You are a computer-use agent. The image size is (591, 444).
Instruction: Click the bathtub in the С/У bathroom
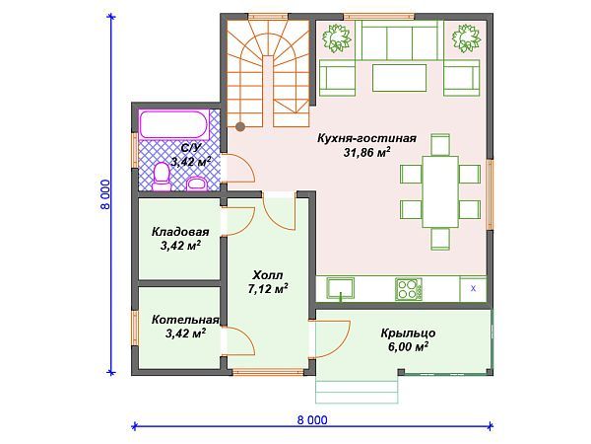click(x=173, y=124)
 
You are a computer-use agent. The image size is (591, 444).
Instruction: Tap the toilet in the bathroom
click(x=162, y=177)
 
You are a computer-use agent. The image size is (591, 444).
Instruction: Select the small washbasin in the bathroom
click(x=197, y=184)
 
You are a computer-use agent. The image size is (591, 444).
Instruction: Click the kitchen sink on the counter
click(x=341, y=289)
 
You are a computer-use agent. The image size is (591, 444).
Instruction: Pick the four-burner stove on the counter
click(x=409, y=289)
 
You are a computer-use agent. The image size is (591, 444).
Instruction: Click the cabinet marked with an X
click(x=473, y=288)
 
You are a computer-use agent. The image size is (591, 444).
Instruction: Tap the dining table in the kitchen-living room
click(x=440, y=191)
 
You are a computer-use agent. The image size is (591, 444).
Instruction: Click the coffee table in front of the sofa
click(x=400, y=78)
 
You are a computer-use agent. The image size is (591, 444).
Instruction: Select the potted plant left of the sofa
click(x=336, y=38)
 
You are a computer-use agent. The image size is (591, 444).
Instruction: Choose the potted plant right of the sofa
click(x=466, y=38)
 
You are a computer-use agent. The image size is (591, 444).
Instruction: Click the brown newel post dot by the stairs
click(x=240, y=126)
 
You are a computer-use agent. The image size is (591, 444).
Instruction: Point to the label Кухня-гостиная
click(x=366, y=138)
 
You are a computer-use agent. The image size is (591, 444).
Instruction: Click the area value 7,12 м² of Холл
click(x=268, y=289)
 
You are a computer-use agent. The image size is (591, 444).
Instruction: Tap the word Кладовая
click(x=180, y=232)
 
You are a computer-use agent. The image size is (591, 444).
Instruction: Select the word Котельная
click(x=185, y=320)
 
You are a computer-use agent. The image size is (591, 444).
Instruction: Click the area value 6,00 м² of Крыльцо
click(x=408, y=346)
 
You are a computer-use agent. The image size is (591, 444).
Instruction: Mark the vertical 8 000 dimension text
click(x=106, y=194)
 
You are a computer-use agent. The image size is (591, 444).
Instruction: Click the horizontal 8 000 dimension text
click(x=312, y=420)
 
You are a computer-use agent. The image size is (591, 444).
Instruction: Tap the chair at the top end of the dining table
click(x=440, y=145)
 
